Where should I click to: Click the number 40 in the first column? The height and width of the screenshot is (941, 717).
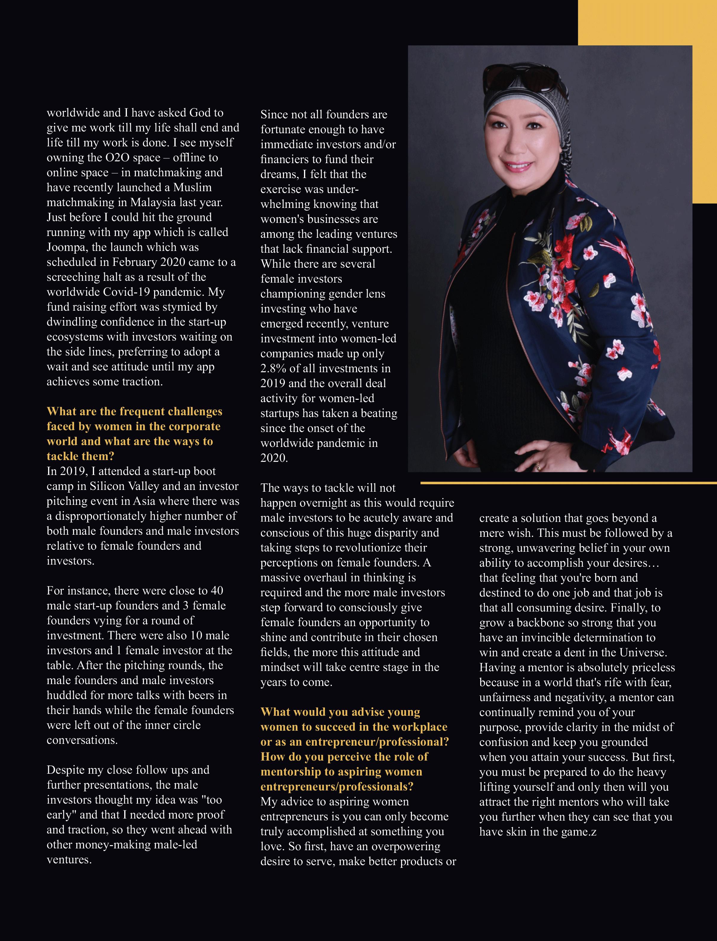(x=217, y=591)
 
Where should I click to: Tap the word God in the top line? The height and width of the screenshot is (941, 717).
(x=200, y=113)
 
